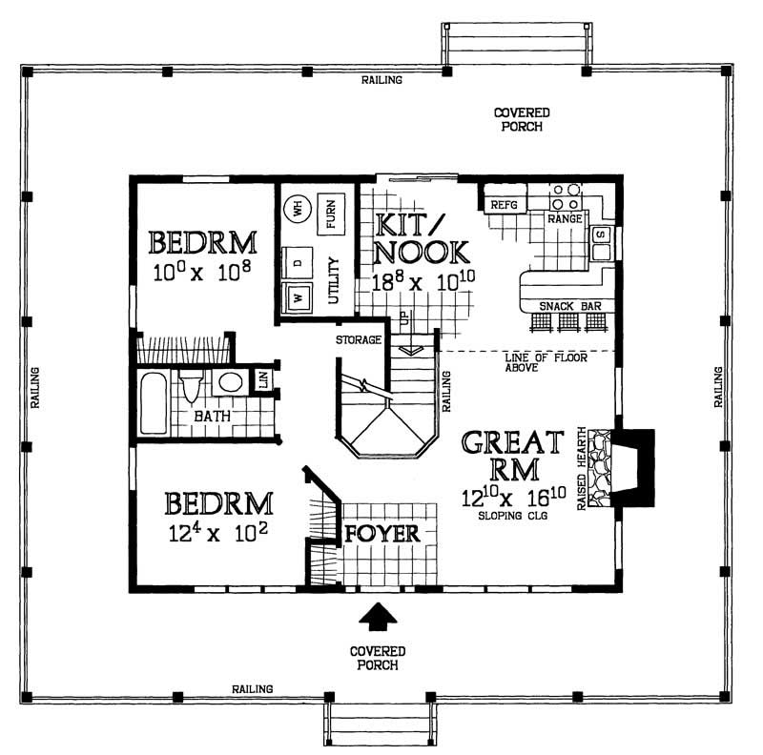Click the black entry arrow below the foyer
pyautogui.click(x=379, y=618)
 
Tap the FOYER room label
pyautogui.click(x=381, y=533)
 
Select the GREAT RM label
pyautogui.click(x=513, y=456)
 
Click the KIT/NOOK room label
pyautogui.click(x=421, y=238)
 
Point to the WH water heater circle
pyautogui.click(x=298, y=208)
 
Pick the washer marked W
pyautogui.click(x=298, y=298)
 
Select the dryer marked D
pyautogui.click(x=298, y=261)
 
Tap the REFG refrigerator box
pyautogui.click(x=502, y=205)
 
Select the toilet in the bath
pyautogui.click(x=192, y=386)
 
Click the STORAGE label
pyautogui.click(x=359, y=339)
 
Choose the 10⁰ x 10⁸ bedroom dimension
pyautogui.click(x=202, y=273)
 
